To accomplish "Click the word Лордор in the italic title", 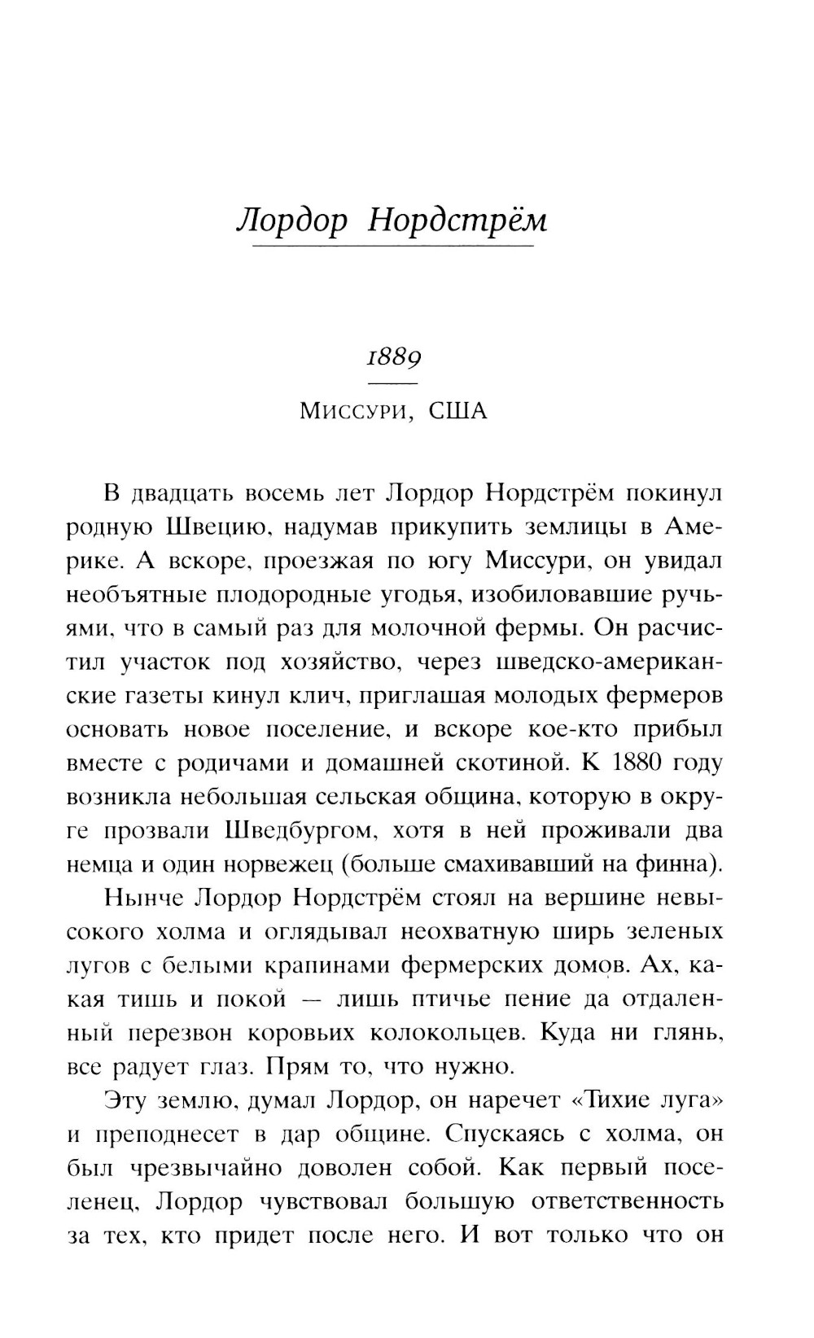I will (291, 221).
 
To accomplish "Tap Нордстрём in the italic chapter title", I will (457, 221).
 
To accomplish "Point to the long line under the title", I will (393, 246).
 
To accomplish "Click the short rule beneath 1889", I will (392, 383).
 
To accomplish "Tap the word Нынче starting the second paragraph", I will (147, 899).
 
